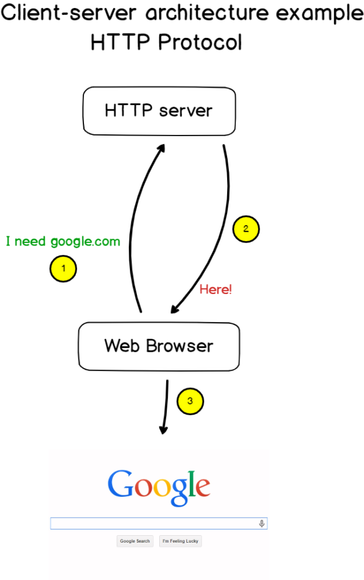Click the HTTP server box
159,111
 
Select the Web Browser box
159,346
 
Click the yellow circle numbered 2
246,229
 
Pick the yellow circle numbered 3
190,402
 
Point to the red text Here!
215,289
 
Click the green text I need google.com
63,241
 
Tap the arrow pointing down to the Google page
166,407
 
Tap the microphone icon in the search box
262,524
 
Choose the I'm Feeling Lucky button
180,541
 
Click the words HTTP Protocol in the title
166,42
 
